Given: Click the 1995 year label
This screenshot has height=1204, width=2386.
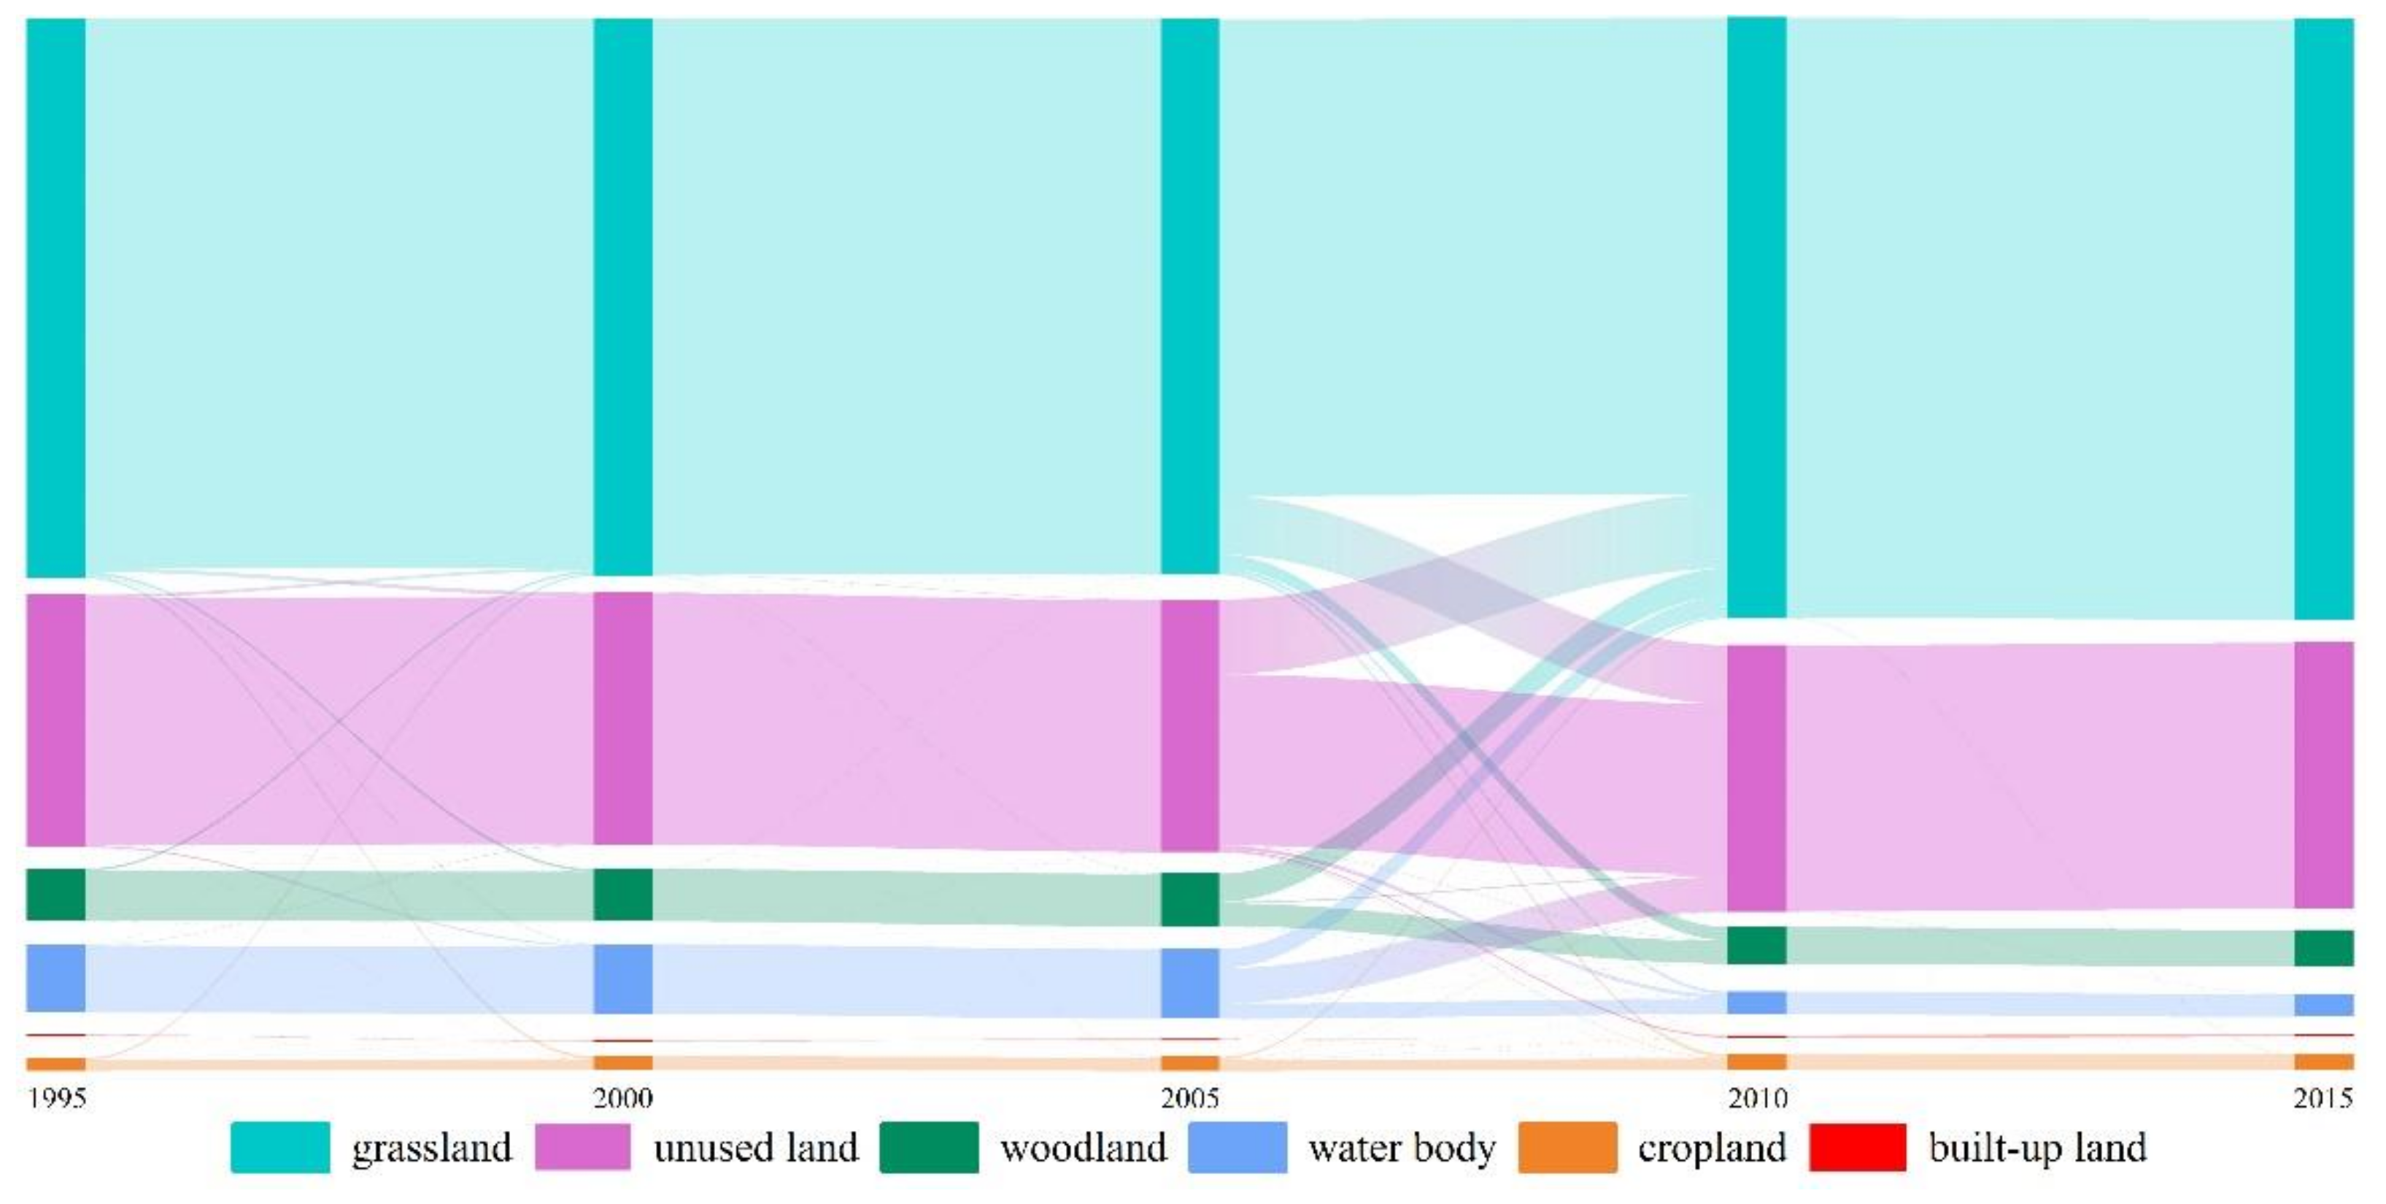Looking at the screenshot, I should click(56, 1098).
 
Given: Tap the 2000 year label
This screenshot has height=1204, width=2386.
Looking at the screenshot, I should click(622, 1098).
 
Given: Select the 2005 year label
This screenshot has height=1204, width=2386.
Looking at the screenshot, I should click(1189, 1098).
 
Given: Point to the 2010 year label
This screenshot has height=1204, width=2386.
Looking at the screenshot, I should click(1757, 1098).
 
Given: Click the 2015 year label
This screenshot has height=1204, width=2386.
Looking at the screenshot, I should click(2323, 1098).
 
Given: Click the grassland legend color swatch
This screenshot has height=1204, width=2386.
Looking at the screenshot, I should click(279, 1148).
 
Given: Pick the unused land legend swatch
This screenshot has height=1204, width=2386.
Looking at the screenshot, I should click(582, 1148).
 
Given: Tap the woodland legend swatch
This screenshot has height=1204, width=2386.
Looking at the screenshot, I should click(928, 1148).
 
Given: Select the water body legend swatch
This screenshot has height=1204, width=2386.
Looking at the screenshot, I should click(1237, 1148).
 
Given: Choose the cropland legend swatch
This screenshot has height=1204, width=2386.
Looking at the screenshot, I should click(1567, 1148).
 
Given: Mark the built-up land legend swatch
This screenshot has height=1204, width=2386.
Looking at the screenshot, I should click(1857, 1148).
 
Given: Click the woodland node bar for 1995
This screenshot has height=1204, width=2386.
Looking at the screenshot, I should click(55, 894).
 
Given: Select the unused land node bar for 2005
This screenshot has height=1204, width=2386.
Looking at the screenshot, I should click(1189, 725).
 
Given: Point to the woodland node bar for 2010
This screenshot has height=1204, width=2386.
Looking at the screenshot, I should click(1757, 945).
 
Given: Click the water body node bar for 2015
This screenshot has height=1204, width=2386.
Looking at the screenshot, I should click(2324, 1005).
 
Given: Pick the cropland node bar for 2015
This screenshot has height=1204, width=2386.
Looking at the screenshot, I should click(2324, 1062).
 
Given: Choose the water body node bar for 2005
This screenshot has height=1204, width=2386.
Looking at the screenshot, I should click(1189, 983).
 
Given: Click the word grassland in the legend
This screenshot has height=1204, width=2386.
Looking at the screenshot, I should click(432, 1149).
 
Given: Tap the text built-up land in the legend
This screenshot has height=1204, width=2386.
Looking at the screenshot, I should click(2038, 1148).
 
